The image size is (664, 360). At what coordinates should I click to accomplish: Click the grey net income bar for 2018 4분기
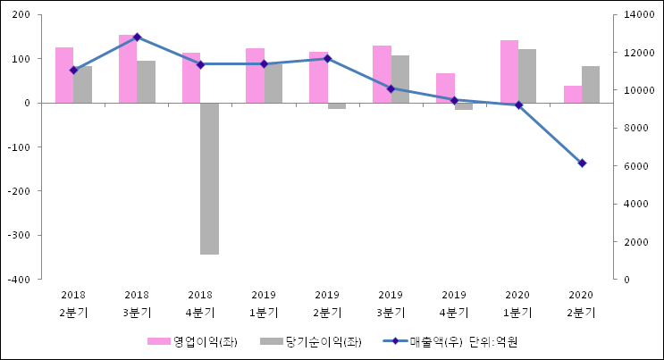[209, 179]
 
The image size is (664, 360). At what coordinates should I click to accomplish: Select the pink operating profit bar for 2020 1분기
[509, 71]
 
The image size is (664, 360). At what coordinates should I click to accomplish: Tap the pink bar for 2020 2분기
[573, 94]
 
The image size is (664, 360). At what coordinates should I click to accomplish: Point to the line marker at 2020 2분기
[582, 163]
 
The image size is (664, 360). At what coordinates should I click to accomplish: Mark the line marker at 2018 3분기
[137, 38]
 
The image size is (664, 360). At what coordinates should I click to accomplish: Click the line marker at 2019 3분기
[391, 88]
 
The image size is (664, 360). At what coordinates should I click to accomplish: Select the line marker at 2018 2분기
[73, 70]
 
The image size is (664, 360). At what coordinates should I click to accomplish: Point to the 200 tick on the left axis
[22, 15]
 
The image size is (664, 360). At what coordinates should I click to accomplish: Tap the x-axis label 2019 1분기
[264, 303]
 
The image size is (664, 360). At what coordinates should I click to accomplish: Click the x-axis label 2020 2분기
[581, 303]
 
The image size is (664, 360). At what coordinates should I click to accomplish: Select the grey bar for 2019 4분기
[464, 106]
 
